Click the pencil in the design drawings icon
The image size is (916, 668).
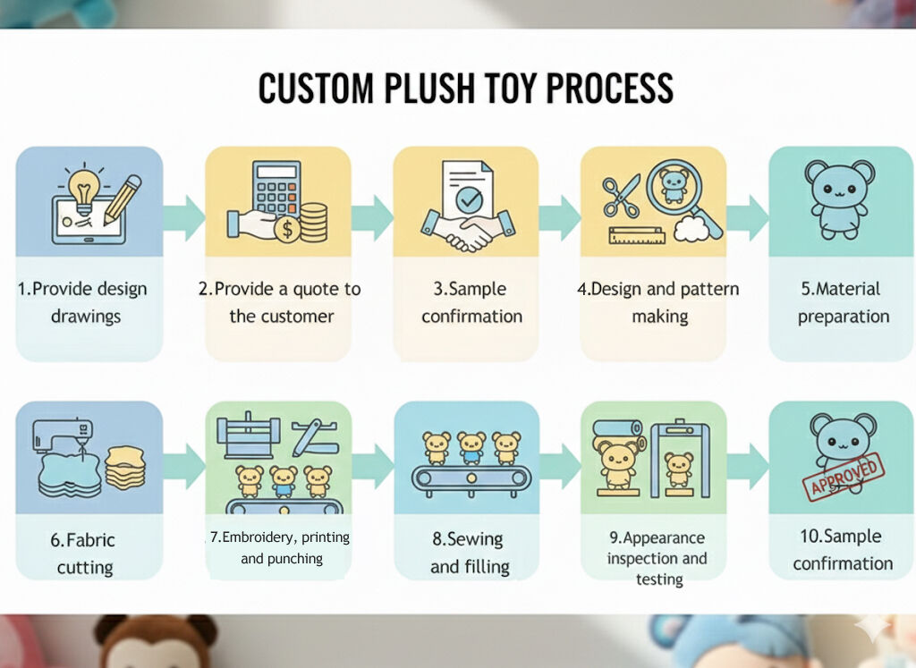[x=123, y=199]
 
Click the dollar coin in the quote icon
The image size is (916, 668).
[x=288, y=230]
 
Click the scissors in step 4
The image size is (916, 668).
[x=621, y=196]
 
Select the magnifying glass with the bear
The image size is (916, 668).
[x=674, y=190]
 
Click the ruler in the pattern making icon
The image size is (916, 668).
[x=636, y=236]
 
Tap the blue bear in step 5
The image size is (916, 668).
[x=839, y=199]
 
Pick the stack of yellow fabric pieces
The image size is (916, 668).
[x=125, y=466]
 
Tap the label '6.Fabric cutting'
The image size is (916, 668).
[x=84, y=554]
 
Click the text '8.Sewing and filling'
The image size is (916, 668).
[x=469, y=553]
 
